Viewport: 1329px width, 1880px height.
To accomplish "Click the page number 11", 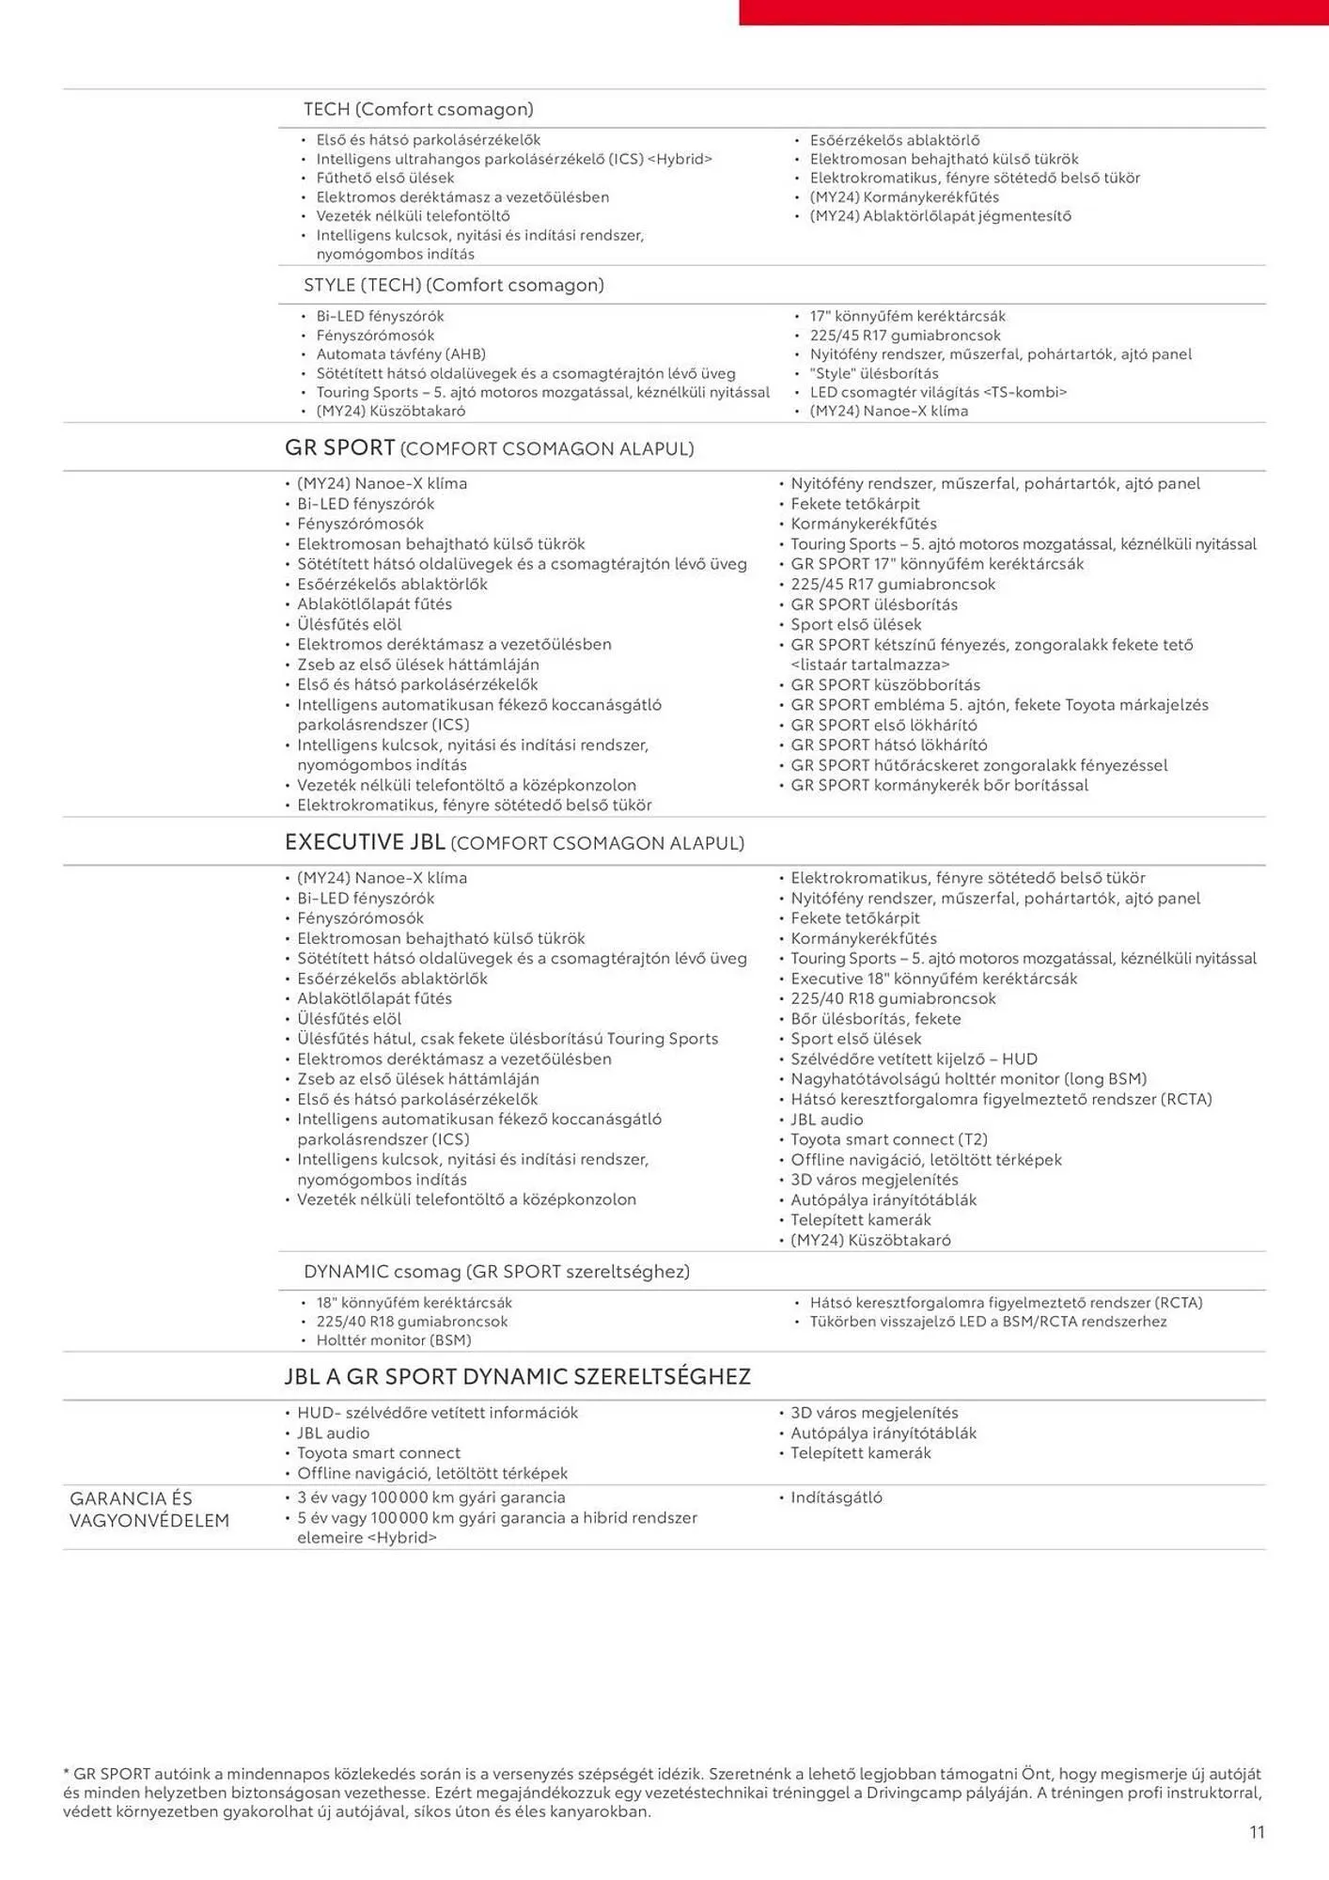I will [x=1257, y=1831].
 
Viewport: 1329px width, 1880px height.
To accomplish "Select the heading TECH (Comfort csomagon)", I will [x=418, y=109].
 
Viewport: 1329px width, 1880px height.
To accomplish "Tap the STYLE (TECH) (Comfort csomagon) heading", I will [x=453, y=285].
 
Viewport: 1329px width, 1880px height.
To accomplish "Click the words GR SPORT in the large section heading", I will [x=339, y=447].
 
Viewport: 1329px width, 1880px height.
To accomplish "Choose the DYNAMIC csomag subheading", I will [x=496, y=1271].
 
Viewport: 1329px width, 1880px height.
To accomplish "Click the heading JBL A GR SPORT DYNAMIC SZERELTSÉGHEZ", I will [x=517, y=1376].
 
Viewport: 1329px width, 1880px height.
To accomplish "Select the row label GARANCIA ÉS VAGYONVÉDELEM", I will [x=149, y=1509].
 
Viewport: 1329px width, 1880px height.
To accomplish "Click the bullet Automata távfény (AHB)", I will [x=400, y=354].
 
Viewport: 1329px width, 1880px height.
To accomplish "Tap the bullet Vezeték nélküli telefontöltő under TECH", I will [x=413, y=216].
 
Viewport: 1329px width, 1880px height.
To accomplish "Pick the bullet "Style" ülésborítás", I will [x=874, y=373].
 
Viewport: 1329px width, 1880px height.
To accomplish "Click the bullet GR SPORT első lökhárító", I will [x=883, y=725].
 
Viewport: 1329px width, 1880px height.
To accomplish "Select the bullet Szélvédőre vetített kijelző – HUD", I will [x=914, y=1058].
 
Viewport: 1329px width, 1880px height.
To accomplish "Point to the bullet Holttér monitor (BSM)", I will [x=394, y=1340].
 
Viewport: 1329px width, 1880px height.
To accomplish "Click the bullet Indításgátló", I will [x=836, y=1497].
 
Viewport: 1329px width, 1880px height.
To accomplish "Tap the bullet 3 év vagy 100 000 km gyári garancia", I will [x=431, y=1497].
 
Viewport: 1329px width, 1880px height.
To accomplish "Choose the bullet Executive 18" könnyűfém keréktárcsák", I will [x=934, y=979].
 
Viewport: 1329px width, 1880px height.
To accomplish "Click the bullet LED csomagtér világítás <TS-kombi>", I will [x=938, y=392].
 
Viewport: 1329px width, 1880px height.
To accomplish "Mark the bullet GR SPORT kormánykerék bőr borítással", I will [x=939, y=785].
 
